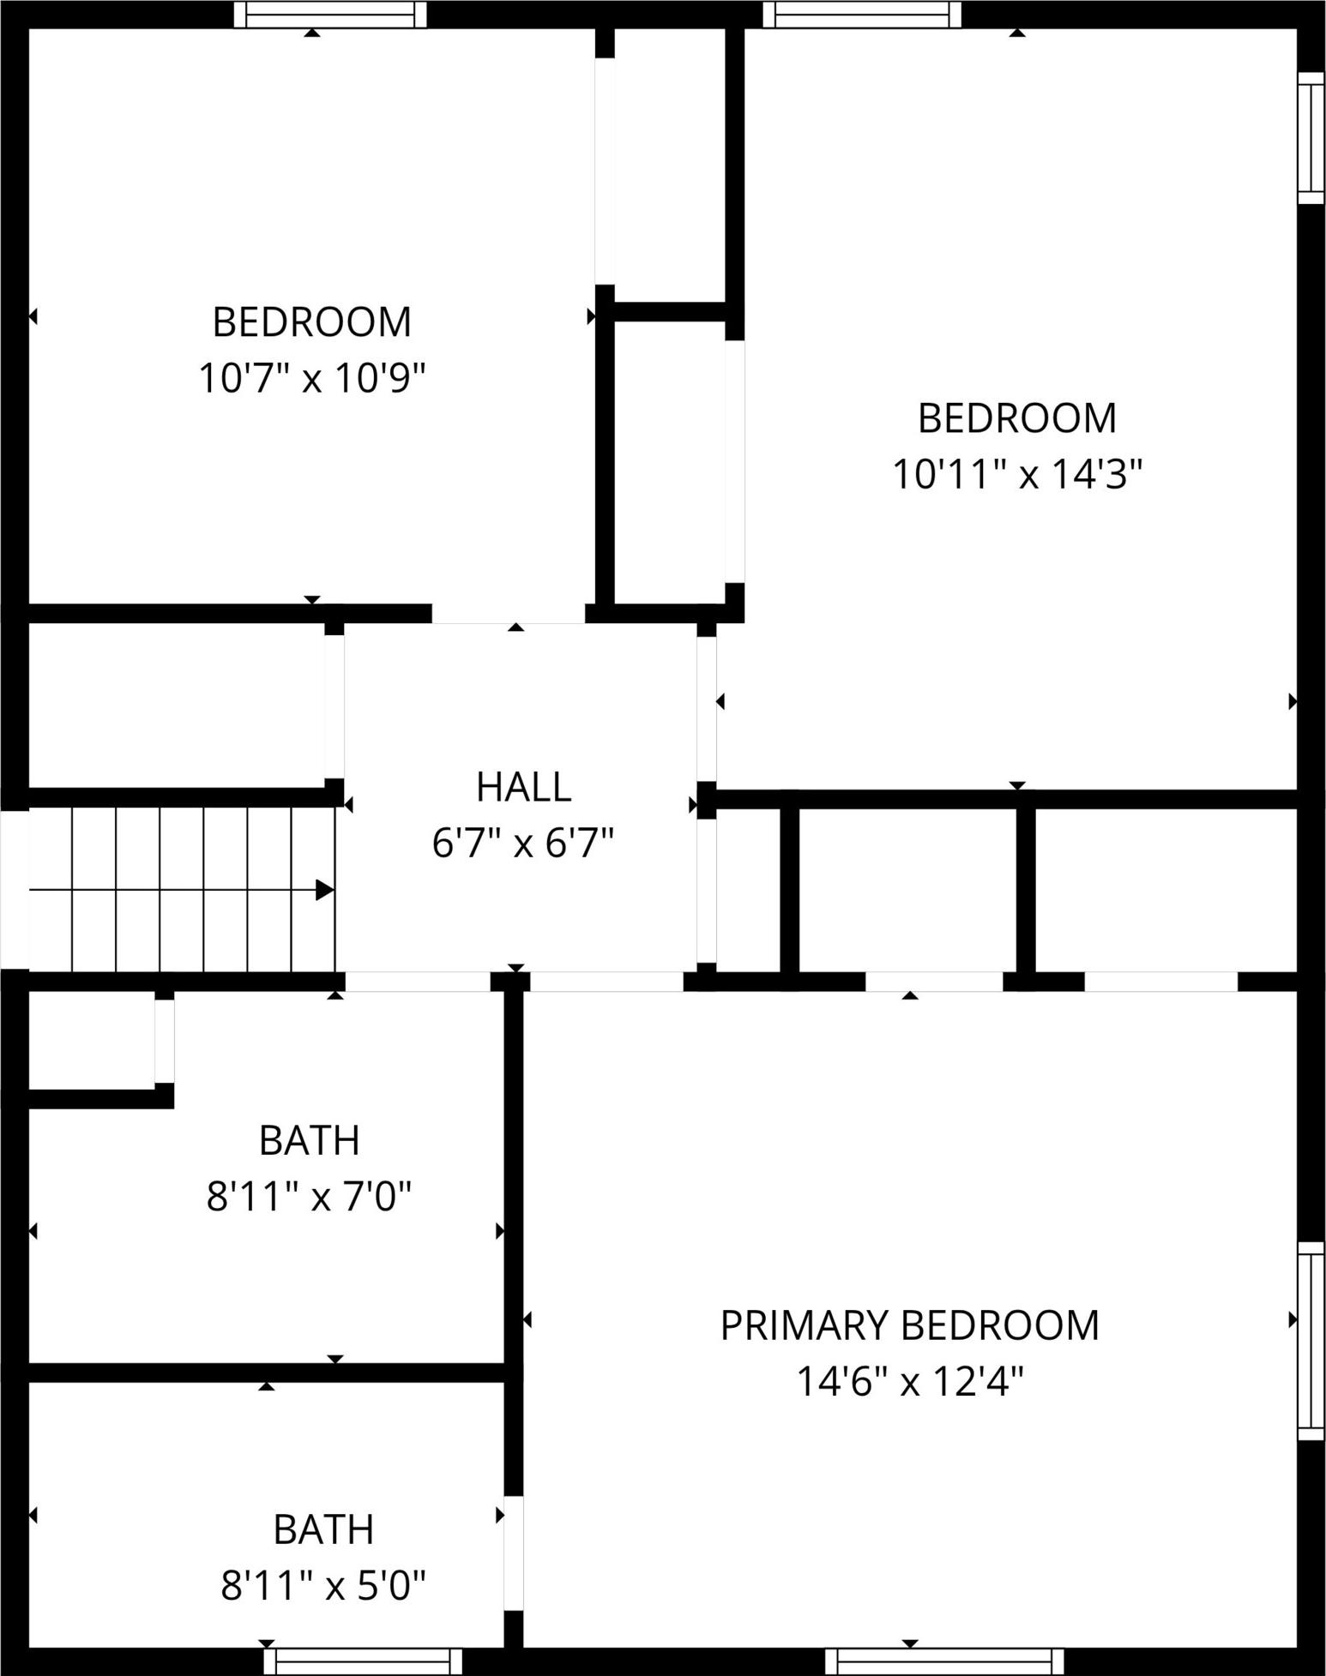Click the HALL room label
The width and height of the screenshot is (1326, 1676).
(x=523, y=787)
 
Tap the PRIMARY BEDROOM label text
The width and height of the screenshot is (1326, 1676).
(x=909, y=1325)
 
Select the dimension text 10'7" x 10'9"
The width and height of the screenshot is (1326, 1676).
(x=312, y=377)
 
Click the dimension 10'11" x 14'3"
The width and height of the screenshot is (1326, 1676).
(x=1018, y=473)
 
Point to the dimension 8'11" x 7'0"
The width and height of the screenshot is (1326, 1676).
(x=310, y=1196)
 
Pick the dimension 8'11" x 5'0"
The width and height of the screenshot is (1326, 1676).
(x=323, y=1585)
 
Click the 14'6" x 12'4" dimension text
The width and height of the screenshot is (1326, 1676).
(x=910, y=1381)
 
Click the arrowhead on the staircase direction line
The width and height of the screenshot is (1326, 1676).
(x=325, y=890)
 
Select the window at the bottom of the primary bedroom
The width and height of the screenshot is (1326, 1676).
(x=944, y=1661)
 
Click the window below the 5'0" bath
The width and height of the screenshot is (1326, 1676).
(x=363, y=1661)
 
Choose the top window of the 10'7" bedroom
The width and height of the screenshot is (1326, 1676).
(x=330, y=14)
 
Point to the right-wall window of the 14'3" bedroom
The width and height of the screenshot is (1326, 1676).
(x=1311, y=138)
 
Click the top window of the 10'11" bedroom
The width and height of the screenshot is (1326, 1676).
(x=861, y=14)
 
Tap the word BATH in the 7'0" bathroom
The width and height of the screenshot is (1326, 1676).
(x=310, y=1140)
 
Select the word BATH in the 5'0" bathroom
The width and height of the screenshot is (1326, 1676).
(x=323, y=1529)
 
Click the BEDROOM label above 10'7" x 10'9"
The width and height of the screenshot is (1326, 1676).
(x=312, y=322)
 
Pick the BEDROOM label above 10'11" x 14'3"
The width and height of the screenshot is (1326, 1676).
(x=1018, y=418)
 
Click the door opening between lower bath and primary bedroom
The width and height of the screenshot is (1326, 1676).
(x=513, y=1553)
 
